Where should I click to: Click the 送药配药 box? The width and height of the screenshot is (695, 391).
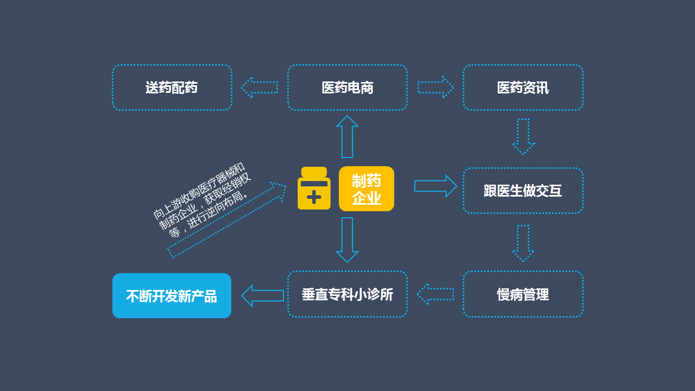tap(172, 87)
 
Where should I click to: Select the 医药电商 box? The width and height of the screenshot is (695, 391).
tap(347, 87)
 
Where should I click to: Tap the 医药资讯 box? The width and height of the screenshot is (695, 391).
tap(523, 87)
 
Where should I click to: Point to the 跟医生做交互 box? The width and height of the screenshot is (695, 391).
tap(523, 191)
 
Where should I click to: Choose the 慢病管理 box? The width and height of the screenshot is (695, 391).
tap(523, 294)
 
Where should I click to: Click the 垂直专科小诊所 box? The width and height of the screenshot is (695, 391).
tap(347, 294)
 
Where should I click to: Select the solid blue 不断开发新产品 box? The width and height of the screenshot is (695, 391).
tap(172, 296)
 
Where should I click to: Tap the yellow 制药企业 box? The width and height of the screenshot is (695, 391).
tap(367, 188)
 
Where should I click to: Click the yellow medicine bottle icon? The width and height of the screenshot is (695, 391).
tap(314, 188)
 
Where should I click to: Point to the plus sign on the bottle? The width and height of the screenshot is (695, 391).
tap(314, 197)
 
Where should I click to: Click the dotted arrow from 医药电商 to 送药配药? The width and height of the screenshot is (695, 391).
tap(259, 87)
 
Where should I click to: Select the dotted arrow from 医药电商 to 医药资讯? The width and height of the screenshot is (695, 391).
tap(435, 87)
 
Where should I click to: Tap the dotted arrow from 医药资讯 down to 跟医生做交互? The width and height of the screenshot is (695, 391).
tap(523, 136)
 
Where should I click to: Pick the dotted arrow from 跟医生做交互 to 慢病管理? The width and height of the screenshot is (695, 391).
tap(523, 243)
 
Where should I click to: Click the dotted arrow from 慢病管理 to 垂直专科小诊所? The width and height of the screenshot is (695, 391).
tap(435, 294)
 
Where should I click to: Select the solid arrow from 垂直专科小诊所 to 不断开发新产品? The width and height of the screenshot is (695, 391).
tap(262, 295)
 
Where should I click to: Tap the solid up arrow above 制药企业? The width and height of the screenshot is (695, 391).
tap(347, 136)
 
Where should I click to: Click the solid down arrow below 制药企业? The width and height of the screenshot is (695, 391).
tap(347, 239)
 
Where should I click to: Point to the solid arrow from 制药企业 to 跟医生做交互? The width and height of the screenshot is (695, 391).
tap(435, 186)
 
